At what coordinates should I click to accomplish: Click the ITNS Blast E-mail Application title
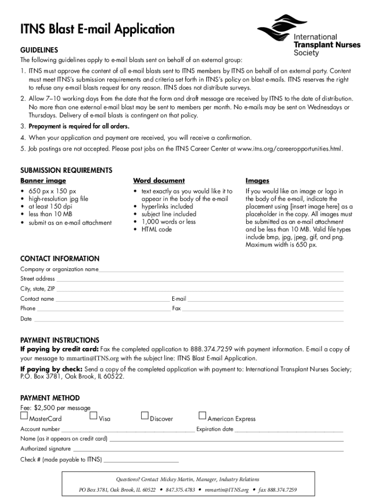click(x=97, y=30)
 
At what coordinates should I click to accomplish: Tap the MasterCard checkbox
click(x=24, y=416)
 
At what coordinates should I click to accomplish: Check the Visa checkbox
click(x=94, y=416)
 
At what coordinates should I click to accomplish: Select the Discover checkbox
click(x=145, y=416)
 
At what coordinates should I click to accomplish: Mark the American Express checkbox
click(x=202, y=416)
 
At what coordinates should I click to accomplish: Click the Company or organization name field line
click(x=221, y=270)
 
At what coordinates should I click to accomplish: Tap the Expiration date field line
click(x=289, y=430)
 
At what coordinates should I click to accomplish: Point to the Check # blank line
click(x=141, y=461)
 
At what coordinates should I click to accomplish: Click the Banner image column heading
click(x=43, y=181)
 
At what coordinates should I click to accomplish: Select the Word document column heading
click(x=159, y=181)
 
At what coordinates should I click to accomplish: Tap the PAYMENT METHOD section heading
click(x=50, y=398)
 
